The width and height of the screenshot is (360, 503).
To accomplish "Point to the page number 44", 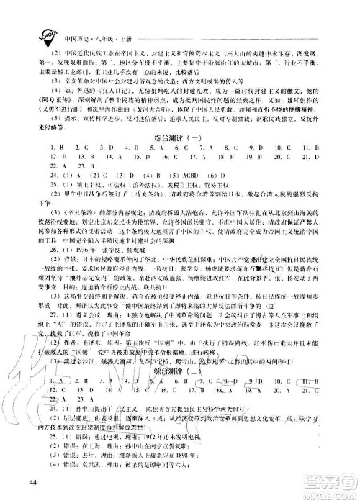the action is coord(33,481).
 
